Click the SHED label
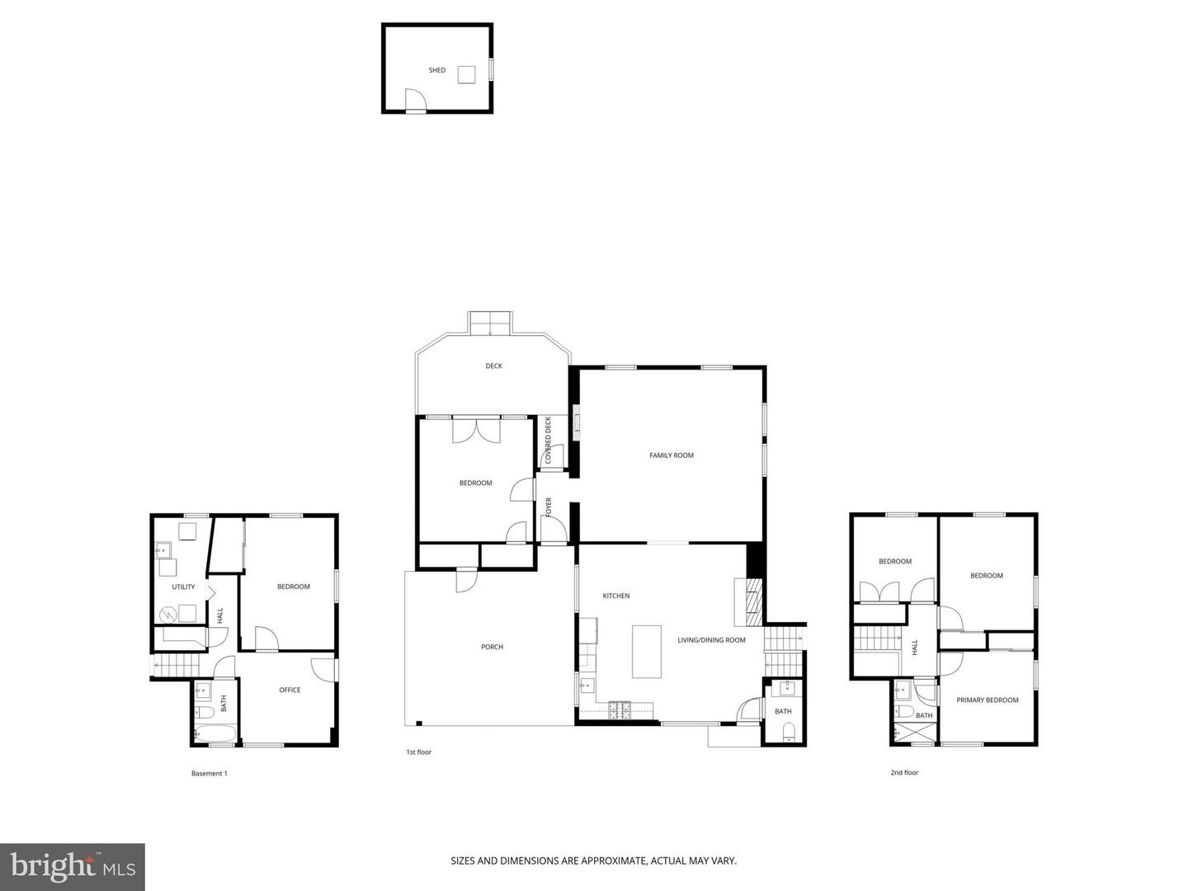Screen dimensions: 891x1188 436,70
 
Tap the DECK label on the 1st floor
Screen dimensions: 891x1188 493,366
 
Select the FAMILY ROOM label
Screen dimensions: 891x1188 672,455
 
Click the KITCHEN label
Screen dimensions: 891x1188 615,596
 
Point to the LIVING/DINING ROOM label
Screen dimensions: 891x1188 711,640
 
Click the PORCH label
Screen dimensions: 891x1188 492,647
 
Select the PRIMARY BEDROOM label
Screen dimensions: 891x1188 987,700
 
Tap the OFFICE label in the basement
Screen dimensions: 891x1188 290,691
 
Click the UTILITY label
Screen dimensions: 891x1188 183,587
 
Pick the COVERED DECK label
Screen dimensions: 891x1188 549,441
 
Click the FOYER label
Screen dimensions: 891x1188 549,507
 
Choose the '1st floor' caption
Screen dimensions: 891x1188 418,752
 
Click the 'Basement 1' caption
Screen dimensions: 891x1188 209,774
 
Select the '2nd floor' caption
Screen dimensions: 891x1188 904,773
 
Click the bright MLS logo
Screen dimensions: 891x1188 73,867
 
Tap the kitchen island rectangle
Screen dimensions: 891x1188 647,651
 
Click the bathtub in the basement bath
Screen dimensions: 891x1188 215,733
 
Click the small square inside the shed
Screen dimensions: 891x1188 467,74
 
